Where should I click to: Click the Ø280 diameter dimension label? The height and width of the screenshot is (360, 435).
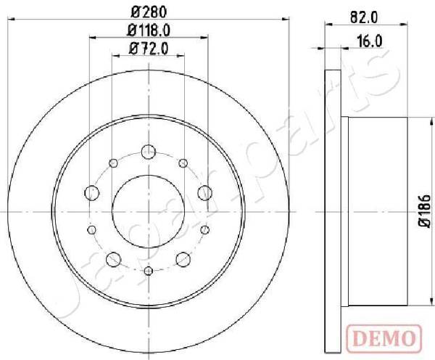(148, 11)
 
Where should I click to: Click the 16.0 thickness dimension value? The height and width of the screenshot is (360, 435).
(370, 42)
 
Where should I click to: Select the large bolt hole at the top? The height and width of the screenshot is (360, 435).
(148, 152)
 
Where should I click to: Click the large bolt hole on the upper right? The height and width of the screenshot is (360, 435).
(204, 192)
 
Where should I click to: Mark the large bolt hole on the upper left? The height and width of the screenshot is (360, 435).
(92, 192)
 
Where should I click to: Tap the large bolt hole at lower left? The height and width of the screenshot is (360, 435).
(113, 259)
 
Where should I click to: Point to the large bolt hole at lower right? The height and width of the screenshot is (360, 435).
(183, 259)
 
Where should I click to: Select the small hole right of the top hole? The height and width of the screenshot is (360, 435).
(183, 163)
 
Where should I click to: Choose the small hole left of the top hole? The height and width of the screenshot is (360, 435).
(113, 163)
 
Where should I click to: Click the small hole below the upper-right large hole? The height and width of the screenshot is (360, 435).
(204, 229)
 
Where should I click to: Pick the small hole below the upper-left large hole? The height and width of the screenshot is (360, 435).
(92, 229)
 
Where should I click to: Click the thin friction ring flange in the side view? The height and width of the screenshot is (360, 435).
(332, 210)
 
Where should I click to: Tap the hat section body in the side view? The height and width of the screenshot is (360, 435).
(370, 210)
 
